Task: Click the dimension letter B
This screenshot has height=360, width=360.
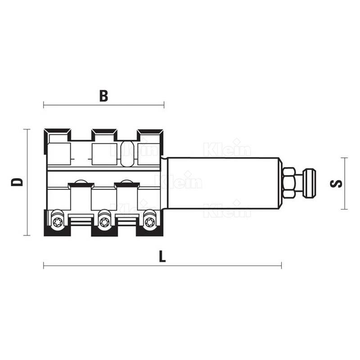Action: pyautogui.click(x=103, y=96)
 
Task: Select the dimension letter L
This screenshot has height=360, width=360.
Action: pyautogui.click(x=162, y=256)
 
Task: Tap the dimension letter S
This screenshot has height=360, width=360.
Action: pyautogui.click(x=336, y=184)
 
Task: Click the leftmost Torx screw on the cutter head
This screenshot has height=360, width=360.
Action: pyautogui.click(x=58, y=222)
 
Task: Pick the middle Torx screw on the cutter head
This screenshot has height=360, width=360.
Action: pyautogui.click(x=104, y=222)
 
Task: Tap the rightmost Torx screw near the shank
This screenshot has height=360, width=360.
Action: pyautogui.click(x=150, y=222)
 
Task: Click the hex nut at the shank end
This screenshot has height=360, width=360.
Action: pyautogui.click(x=289, y=183)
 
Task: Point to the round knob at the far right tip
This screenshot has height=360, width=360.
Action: pyautogui.click(x=309, y=183)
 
